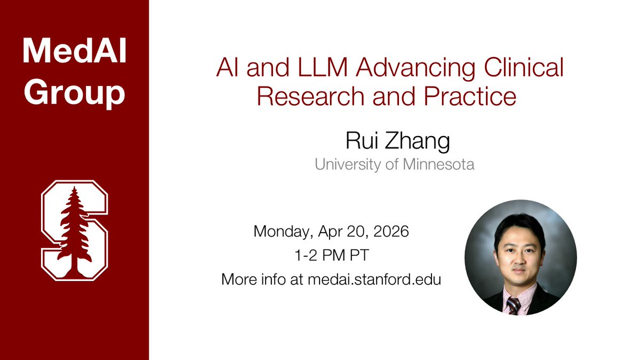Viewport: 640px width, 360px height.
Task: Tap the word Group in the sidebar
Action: [74, 94]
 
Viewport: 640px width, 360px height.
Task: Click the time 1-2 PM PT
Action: [331, 255]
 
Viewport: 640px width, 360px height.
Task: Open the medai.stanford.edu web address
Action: [374, 279]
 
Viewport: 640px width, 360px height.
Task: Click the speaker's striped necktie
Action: [513, 305]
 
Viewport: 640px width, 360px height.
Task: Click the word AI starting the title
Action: [228, 69]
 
